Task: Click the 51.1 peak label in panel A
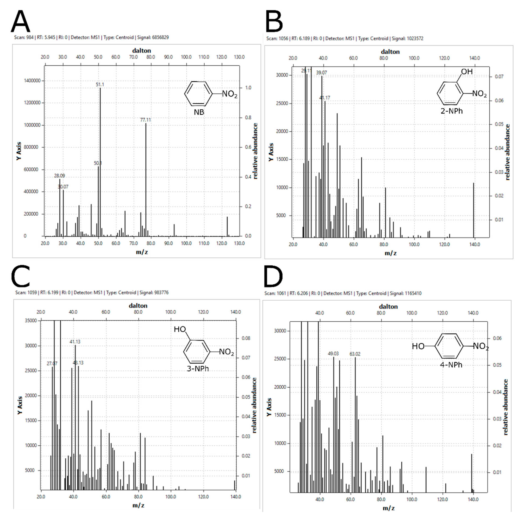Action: pyautogui.click(x=100, y=85)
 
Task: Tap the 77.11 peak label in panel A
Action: pyautogui.click(x=145, y=120)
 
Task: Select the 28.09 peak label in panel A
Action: pyautogui.click(x=59, y=176)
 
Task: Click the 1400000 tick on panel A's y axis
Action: pyautogui.click(x=32, y=81)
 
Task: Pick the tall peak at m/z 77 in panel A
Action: pyautogui.click(x=146, y=178)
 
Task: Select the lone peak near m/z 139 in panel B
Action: pyautogui.click(x=474, y=210)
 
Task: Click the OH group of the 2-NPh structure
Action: pyautogui.click(x=467, y=72)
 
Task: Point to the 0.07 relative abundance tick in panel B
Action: pyautogui.click(x=499, y=77)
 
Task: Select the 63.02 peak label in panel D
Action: pyautogui.click(x=355, y=354)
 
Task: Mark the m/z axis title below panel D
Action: pyautogui.click(x=389, y=508)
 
